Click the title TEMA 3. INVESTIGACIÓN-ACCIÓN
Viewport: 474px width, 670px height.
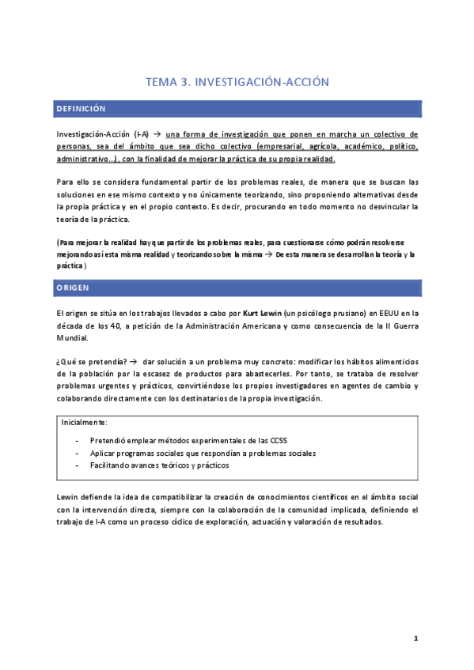pos(237,81)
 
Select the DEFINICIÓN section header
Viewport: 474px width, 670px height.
pos(82,108)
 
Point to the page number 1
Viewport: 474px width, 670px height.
pos(415,638)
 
